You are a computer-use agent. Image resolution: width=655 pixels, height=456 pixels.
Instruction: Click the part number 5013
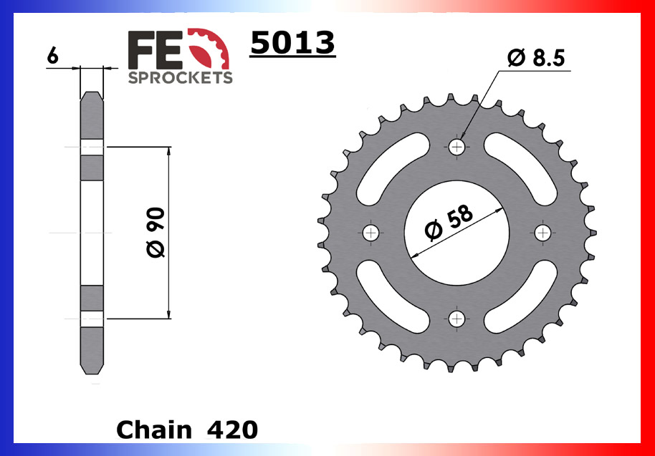292,44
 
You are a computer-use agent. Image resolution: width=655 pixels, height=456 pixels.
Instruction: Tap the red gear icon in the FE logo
213,49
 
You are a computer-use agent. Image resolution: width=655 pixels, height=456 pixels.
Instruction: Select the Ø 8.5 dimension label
537,59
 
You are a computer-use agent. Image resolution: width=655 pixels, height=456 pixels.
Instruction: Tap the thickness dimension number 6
52,55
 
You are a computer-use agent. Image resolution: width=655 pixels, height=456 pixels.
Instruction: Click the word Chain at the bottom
153,430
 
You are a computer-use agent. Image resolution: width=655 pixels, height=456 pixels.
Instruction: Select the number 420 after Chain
231,430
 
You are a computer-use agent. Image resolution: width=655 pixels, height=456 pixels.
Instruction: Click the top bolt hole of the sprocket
457,147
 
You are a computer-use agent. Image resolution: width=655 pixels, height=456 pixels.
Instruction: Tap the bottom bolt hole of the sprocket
457,319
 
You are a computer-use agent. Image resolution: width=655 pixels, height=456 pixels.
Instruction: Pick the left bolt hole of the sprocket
371,233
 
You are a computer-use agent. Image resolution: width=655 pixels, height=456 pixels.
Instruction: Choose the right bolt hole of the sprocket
543,233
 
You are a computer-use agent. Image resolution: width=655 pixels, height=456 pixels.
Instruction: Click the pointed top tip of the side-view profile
92,94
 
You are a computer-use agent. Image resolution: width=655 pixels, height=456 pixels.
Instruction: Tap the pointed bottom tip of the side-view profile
92,372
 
